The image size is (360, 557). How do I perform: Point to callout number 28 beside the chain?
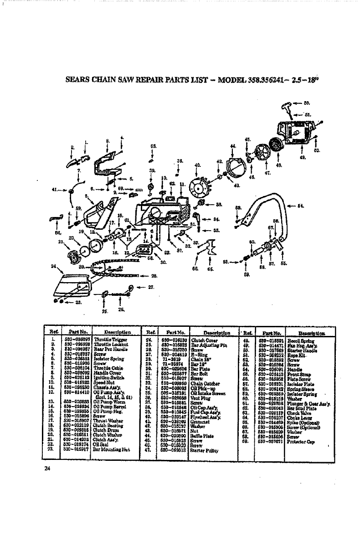tap(154, 276)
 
